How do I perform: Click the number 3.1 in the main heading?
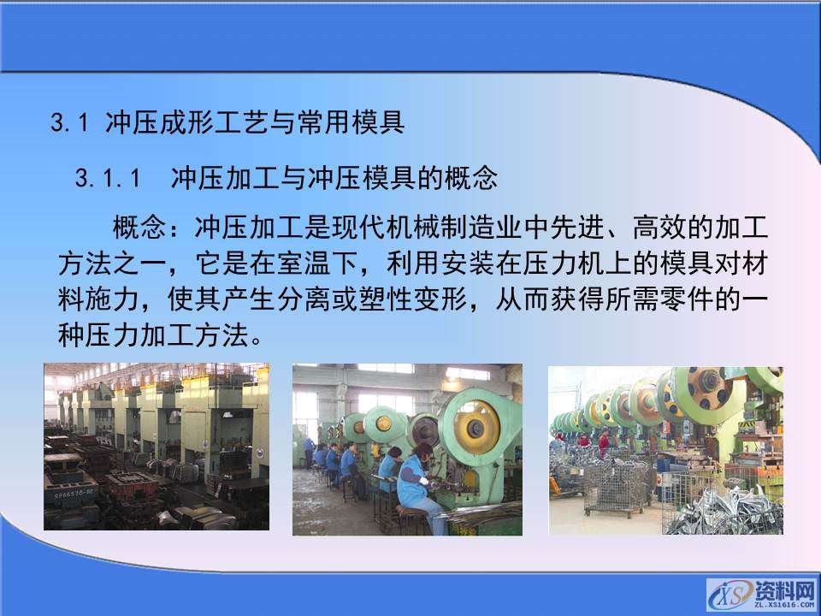(x=70, y=123)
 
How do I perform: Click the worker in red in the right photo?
(x=604, y=440)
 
